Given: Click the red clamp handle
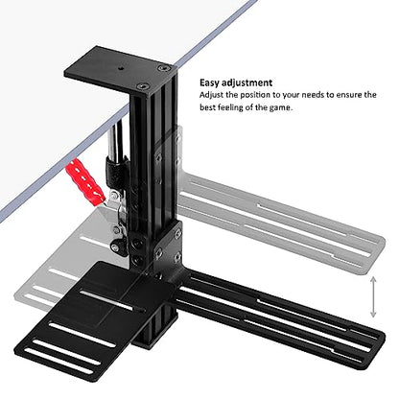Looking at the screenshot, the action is point(85,182).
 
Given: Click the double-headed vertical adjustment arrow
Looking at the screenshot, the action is point(373,297).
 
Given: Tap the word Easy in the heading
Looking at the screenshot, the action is point(209,82).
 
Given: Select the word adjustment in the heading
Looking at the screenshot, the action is point(246,82).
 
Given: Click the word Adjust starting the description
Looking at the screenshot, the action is point(211,95).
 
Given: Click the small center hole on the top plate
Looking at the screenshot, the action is point(121,68).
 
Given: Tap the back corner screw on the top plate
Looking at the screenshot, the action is point(163,68).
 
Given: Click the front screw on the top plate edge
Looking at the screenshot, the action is point(142,86).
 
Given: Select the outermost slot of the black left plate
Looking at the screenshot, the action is point(59,361).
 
